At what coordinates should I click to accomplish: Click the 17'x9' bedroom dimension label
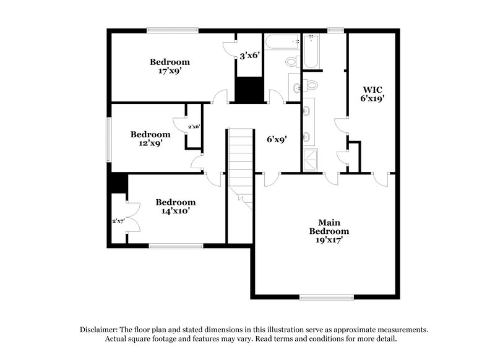click(169, 71)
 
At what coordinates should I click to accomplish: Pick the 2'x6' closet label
click(194, 126)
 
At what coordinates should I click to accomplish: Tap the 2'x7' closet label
click(118, 221)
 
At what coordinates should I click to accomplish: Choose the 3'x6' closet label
click(249, 56)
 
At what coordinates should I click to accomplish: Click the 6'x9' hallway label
click(276, 140)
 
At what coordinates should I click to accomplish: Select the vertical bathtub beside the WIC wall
click(310, 53)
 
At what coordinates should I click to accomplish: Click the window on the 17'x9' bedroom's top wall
click(173, 30)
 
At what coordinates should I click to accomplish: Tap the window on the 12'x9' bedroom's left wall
click(108, 137)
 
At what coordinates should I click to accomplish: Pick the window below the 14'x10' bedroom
click(176, 246)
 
